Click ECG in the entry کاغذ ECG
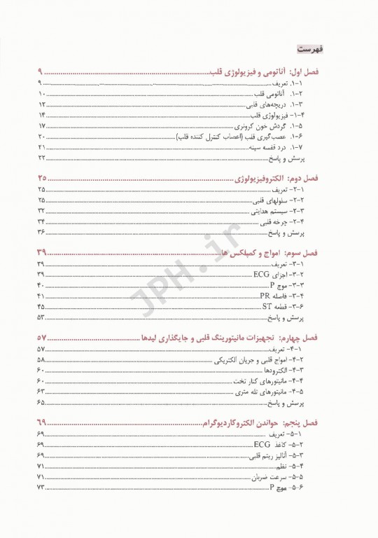(263, 444)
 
